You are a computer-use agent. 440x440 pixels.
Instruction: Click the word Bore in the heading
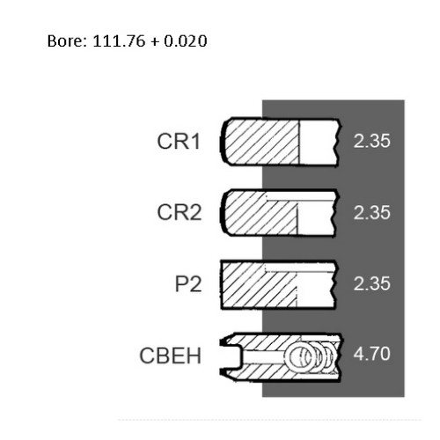[x=67, y=40]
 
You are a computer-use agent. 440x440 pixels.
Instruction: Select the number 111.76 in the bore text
[x=119, y=40]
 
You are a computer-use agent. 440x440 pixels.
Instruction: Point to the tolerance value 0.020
[x=186, y=40]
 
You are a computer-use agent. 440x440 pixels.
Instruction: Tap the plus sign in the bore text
[x=154, y=41]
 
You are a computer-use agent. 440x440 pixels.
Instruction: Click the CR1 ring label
[x=179, y=142]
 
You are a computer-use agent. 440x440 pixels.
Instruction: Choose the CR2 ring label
[x=180, y=212]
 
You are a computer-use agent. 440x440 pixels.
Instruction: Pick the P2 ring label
[x=188, y=283]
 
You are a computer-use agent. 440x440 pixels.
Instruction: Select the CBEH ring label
[x=170, y=356]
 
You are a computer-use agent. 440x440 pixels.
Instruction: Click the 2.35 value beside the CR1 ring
[x=371, y=141]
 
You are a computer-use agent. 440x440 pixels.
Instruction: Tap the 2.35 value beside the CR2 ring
[x=371, y=212]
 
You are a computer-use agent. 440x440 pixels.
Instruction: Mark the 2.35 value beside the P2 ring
[x=371, y=283]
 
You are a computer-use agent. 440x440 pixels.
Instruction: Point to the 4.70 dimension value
[x=371, y=354]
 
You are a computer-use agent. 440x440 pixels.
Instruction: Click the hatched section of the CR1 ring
[x=262, y=143]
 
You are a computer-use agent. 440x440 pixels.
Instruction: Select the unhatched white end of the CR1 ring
[x=319, y=143]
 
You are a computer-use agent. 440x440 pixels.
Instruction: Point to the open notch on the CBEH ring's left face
[x=231, y=356]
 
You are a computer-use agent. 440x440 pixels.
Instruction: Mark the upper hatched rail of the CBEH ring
[x=282, y=342]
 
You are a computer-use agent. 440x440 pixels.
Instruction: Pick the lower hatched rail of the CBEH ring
[x=282, y=372]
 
